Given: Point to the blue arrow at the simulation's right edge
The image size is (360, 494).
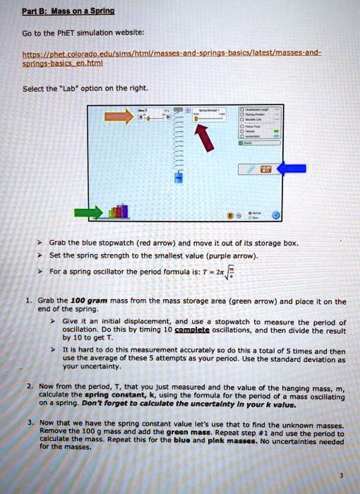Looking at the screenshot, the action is click(x=291, y=168).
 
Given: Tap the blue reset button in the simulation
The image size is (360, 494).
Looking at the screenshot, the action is click(x=276, y=215).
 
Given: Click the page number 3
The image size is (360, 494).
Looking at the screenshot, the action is click(x=342, y=475).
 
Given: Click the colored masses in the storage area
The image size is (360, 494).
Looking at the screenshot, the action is click(x=120, y=210).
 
